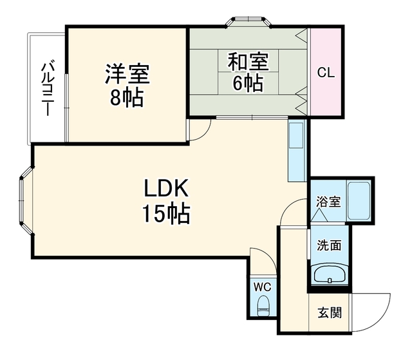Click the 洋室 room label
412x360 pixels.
coord(127,74)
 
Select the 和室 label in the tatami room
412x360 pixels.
coord(248,62)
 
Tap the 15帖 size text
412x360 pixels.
coord(166,213)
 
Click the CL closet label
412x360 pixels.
coord(326,72)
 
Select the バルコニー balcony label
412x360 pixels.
coord(48,88)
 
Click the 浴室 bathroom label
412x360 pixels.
coord(328,202)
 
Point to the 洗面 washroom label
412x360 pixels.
coord(329,245)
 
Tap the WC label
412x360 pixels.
coord(262,287)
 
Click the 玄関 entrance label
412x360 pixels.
coord(330,313)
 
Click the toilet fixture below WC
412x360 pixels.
coord(263,306)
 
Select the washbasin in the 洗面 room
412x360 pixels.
coord(330,274)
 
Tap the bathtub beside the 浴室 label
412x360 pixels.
coord(359,201)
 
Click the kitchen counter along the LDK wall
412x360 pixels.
coord(297,151)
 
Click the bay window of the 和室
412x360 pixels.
coord(248,22)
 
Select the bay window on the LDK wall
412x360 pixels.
coord(26,200)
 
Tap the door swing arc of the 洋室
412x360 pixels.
coord(205,135)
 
